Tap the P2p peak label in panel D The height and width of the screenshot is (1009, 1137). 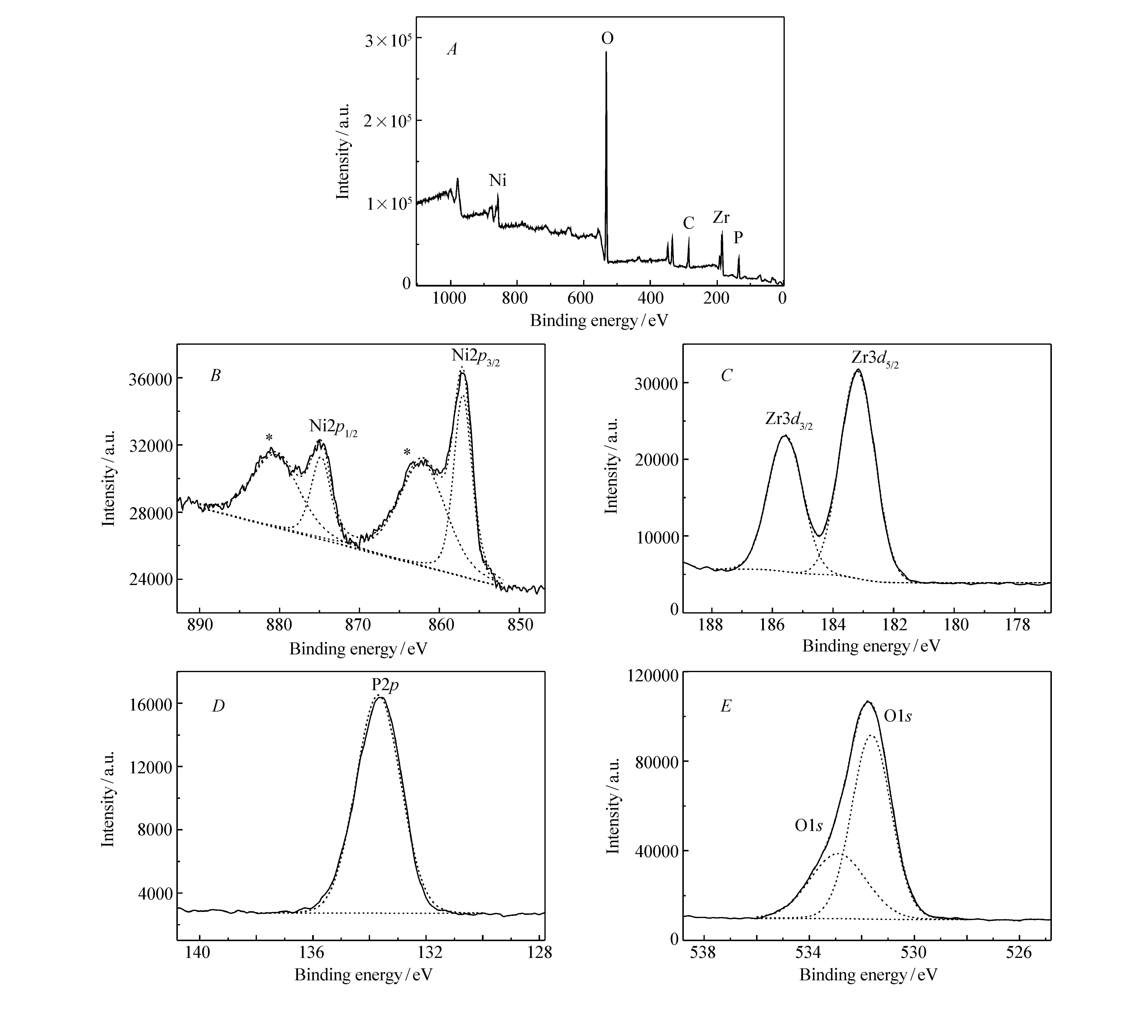385,686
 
